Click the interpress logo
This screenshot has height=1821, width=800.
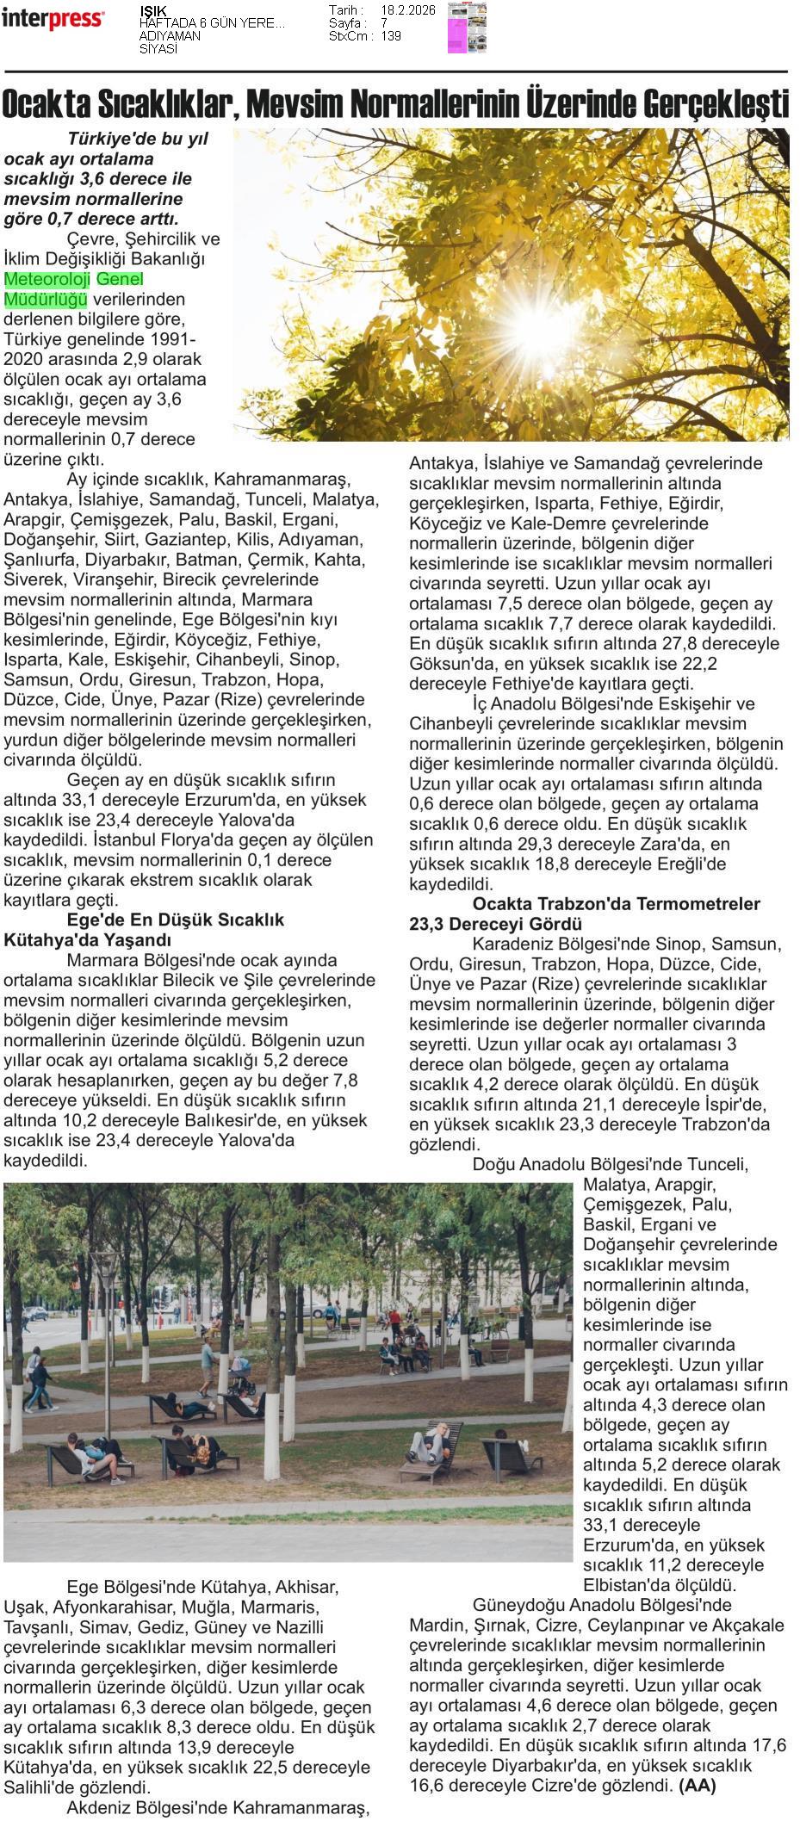pos(53,18)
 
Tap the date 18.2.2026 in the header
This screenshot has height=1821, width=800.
pos(407,10)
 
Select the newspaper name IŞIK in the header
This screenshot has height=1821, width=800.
pos(153,10)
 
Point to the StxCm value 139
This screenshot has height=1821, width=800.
pos(391,36)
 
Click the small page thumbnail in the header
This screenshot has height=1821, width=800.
pos(467,28)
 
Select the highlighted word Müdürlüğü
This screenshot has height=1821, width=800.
pos(46,300)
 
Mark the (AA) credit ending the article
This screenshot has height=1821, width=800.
pos(698,1786)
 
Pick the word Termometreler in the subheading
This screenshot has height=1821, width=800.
pos(702,903)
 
